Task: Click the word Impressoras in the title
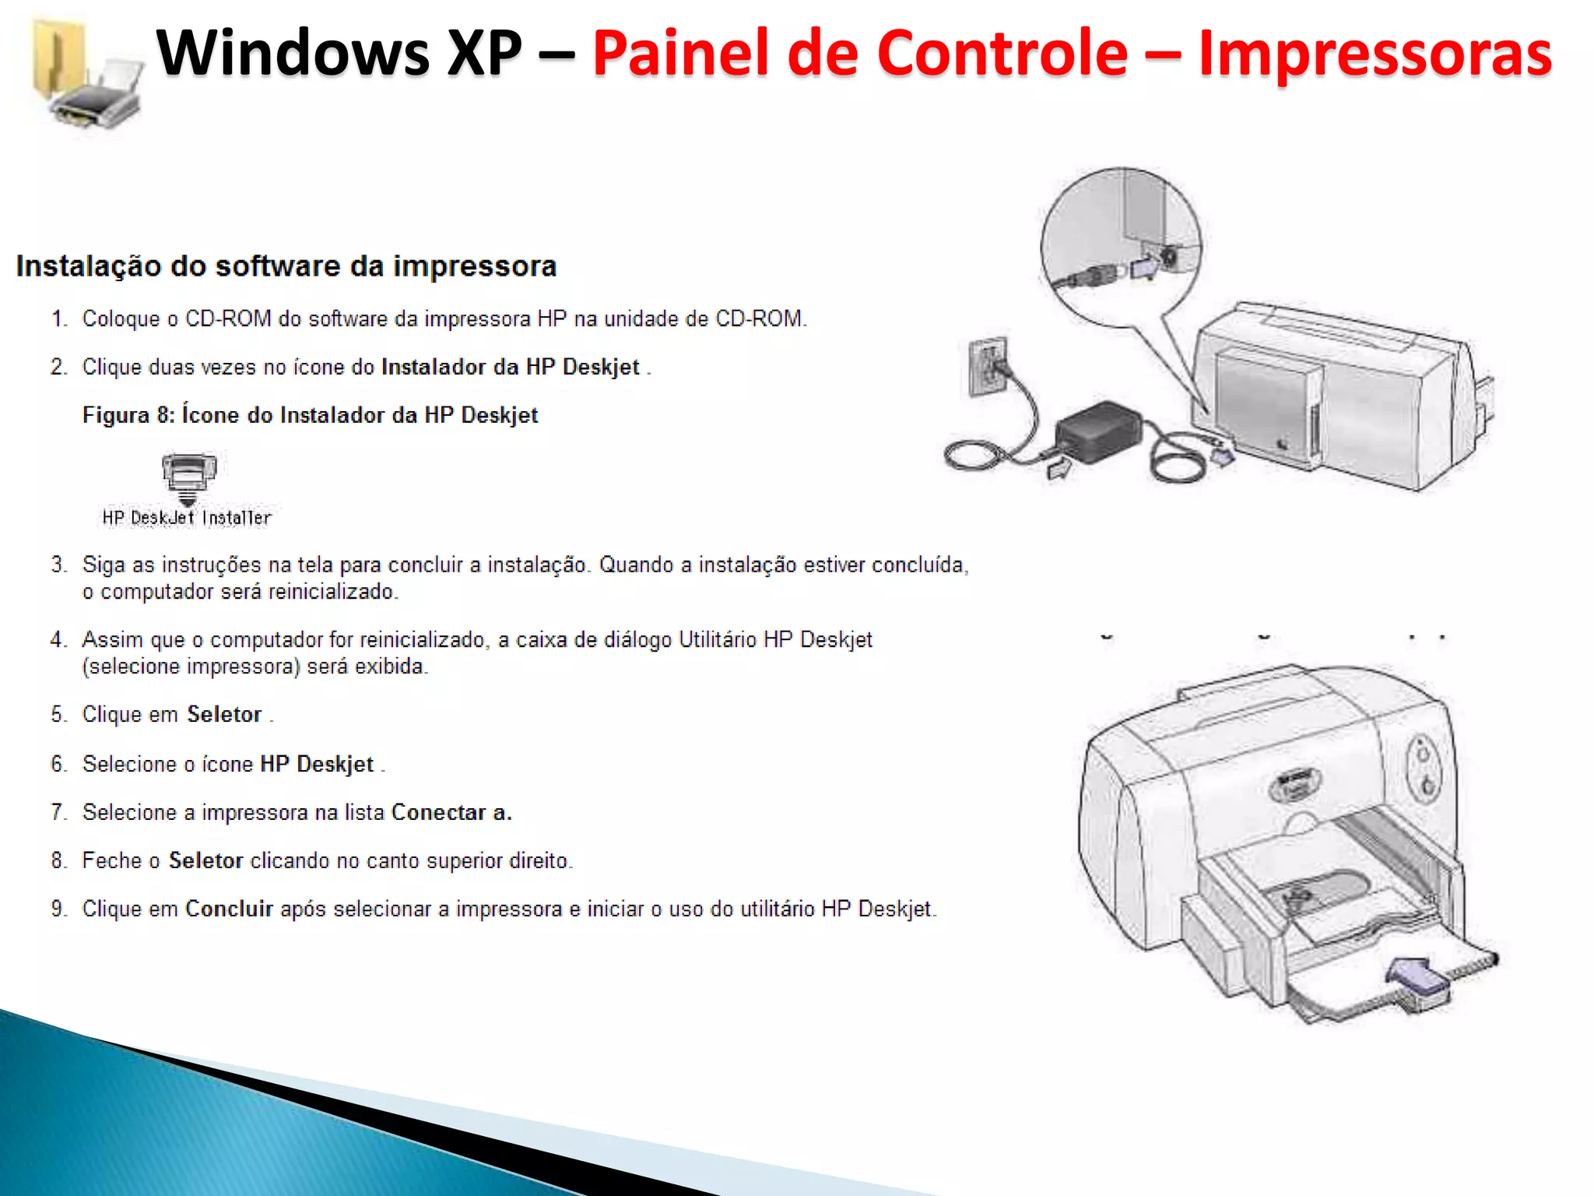pos(1375,53)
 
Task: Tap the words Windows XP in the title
pos(339,53)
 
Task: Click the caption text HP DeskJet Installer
pos(187,518)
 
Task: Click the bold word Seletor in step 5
pos(224,715)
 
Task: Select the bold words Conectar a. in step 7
pos(451,813)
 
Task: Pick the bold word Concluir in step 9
pos(229,909)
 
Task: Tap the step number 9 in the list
pos(58,909)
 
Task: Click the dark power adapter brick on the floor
pos(1097,433)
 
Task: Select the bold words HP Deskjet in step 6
pos(317,765)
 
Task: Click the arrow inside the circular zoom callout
pos(1144,267)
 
